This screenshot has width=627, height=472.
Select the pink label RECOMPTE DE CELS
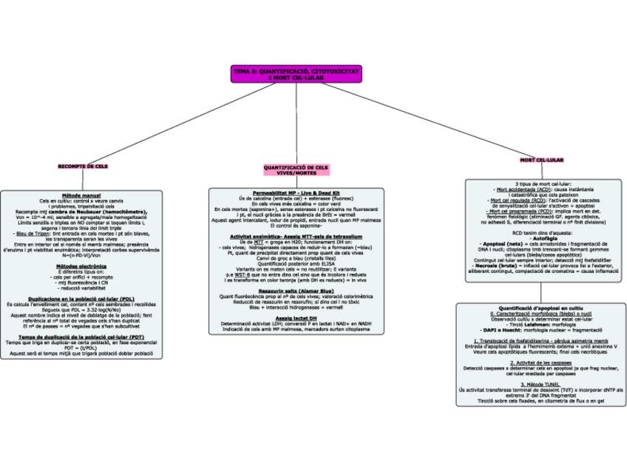click(83, 166)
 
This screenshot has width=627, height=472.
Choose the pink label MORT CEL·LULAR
click(541, 160)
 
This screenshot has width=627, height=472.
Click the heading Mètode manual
click(81, 195)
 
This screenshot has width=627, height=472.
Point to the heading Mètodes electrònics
click(81, 266)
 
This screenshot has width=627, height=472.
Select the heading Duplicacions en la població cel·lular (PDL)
click(81, 298)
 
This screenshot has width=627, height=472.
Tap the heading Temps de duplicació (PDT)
click(81, 337)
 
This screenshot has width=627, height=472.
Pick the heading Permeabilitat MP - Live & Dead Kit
click(296, 192)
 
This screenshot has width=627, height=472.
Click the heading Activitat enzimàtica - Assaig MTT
click(296, 236)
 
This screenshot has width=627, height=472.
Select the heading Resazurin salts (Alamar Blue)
click(296, 291)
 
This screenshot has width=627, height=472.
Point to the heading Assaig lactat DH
click(296, 318)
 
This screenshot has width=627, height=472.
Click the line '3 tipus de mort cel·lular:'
click(542, 183)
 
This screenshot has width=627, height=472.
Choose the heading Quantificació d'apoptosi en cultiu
click(541, 307)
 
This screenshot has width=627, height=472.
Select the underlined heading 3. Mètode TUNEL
click(541, 385)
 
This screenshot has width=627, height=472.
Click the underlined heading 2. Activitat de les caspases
click(541, 363)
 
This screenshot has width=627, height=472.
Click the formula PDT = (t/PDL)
click(81, 348)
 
